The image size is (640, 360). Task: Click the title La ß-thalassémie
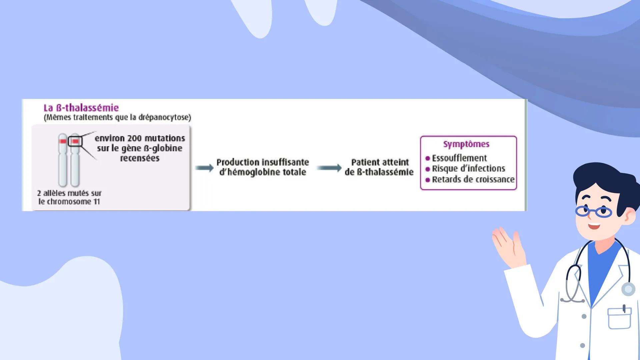(81, 108)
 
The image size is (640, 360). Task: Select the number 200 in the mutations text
(134, 138)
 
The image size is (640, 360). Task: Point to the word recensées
(140, 158)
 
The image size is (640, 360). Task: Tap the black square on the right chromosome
(75, 141)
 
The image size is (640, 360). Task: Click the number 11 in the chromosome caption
(97, 202)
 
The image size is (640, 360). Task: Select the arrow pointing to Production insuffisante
(204, 168)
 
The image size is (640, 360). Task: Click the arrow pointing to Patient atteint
(329, 168)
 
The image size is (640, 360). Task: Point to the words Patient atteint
(380, 162)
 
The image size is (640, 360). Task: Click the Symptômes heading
(466, 144)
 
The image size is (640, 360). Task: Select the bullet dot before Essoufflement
(428, 158)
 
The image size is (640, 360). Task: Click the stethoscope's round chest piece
(628, 289)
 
